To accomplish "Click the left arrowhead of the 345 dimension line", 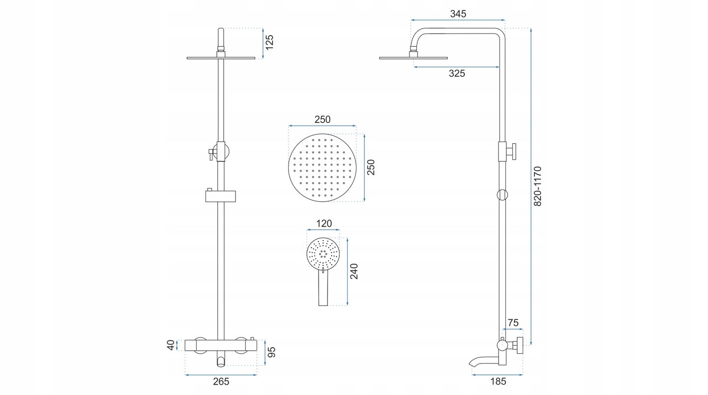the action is tap(412, 20).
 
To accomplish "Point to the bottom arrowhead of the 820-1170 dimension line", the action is tap(531, 343).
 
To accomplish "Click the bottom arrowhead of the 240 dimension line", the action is tap(347, 304).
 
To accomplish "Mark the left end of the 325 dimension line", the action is tap(414, 67).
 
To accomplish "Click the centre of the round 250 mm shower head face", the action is tap(322, 168).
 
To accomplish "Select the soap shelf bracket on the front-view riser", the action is tap(221, 196).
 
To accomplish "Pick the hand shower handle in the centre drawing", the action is tap(323, 288).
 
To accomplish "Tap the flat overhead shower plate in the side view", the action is tap(413, 58).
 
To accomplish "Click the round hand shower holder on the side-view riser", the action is tap(502, 195).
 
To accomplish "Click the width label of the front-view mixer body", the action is tap(221, 382).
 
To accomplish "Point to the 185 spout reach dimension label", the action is tap(498, 381).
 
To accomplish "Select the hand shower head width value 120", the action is tap(324, 224).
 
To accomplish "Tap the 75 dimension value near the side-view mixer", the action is tap(513, 323).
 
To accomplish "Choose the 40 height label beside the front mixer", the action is tap(171, 345).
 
